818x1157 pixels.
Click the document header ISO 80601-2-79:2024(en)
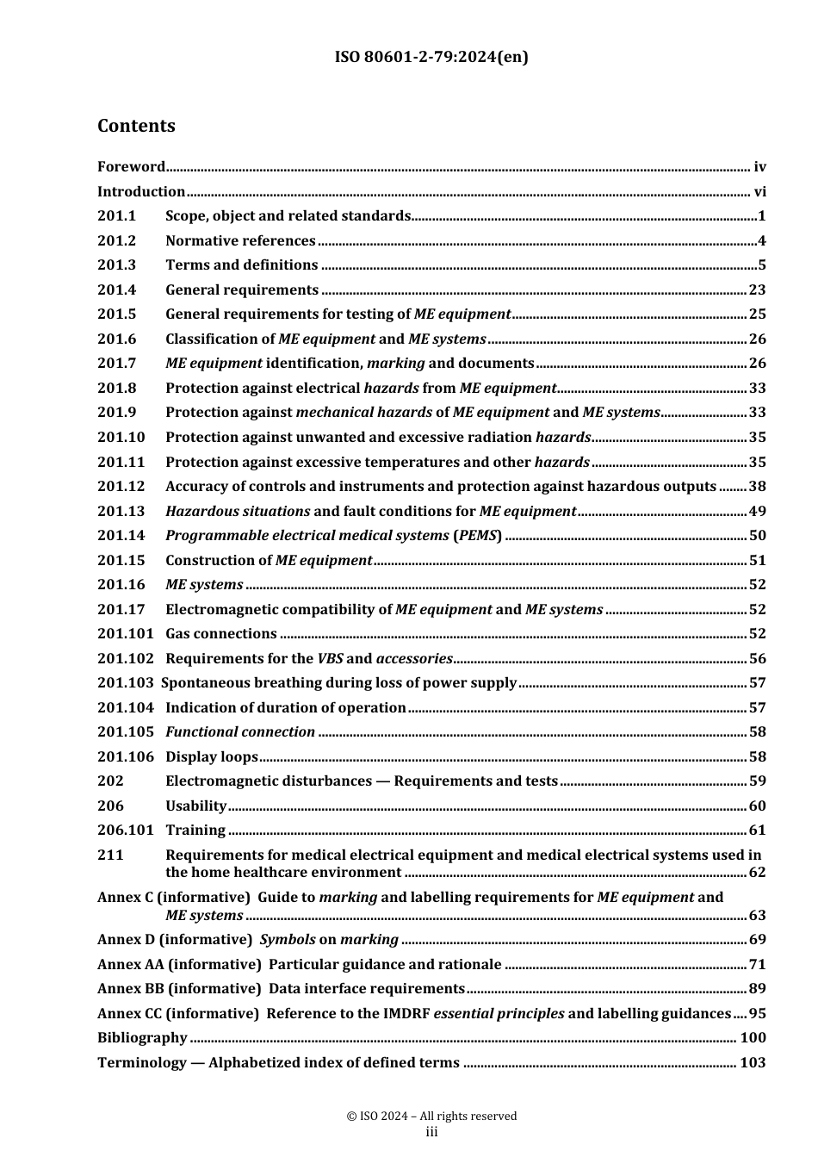tap(431, 57)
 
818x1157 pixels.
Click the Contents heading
tap(136, 126)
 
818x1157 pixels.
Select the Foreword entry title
tap(131, 167)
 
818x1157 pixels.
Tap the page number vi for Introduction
tap(759, 191)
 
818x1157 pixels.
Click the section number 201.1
tap(117, 216)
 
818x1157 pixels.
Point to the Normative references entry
tap(240, 241)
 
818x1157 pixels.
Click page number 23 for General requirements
tap(757, 290)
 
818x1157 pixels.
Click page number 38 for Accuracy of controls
tap(757, 487)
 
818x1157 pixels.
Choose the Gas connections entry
tap(220, 634)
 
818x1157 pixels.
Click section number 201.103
tap(126, 683)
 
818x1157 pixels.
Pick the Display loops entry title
tap(211, 757)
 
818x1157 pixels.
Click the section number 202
tap(110, 781)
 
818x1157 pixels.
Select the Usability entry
tap(195, 806)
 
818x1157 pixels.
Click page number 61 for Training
tap(757, 830)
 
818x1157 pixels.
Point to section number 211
tap(110, 855)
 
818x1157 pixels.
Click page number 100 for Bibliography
tap(753, 1038)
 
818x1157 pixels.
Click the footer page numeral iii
tap(431, 1132)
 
